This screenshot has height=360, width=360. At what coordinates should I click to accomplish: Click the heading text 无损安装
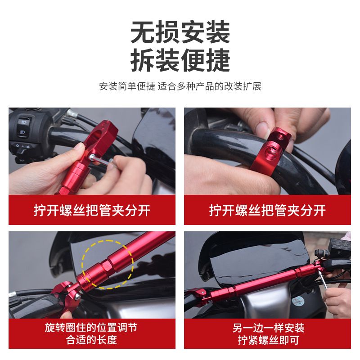180,33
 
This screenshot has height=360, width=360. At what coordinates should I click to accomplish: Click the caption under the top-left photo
92,210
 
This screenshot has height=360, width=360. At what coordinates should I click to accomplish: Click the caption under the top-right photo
267,210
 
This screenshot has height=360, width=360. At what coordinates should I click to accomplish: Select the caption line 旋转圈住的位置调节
92,327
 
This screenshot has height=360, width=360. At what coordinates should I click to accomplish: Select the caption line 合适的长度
92,340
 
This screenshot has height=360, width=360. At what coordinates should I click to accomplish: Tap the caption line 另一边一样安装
267,327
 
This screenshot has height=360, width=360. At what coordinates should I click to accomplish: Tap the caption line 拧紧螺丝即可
267,340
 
